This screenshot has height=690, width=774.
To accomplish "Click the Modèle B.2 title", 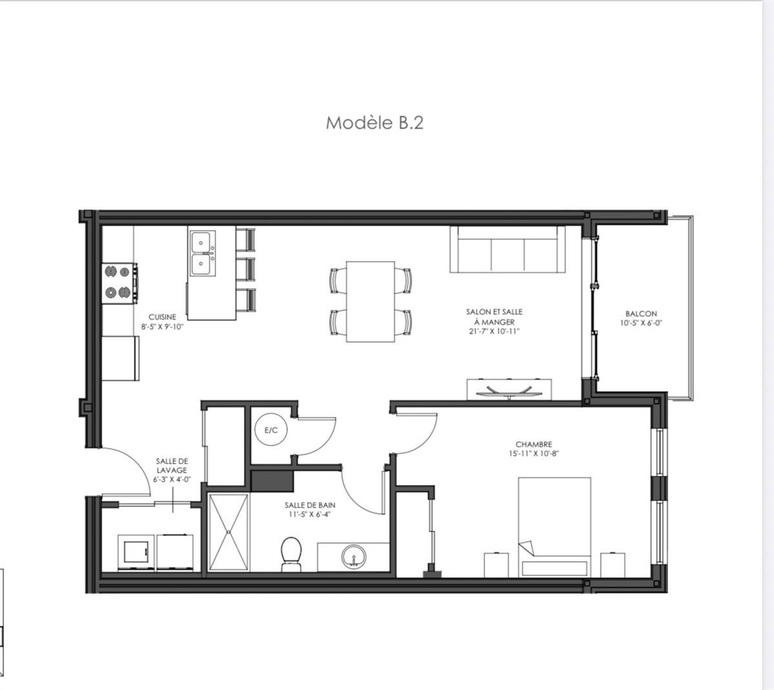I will (x=374, y=123).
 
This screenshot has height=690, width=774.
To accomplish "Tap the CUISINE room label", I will (x=162, y=317).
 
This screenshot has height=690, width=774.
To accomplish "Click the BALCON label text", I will (x=641, y=313).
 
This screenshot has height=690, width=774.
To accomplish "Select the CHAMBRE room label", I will (x=533, y=444).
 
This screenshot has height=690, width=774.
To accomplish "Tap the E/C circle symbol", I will (x=271, y=430).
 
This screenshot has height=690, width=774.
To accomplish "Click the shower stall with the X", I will (x=230, y=533).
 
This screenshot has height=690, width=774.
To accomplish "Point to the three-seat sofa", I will (x=507, y=249).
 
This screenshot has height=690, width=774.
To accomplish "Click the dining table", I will (x=370, y=301).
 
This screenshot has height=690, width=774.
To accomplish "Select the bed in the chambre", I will (x=555, y=526).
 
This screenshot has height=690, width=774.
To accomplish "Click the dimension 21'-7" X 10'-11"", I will (x=494, y=331).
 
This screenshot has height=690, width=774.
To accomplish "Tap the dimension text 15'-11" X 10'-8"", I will (x=533, y=453).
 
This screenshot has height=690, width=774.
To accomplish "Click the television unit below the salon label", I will (x=510, y=389).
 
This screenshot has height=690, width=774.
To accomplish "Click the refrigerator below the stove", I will (x=121, y=358).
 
